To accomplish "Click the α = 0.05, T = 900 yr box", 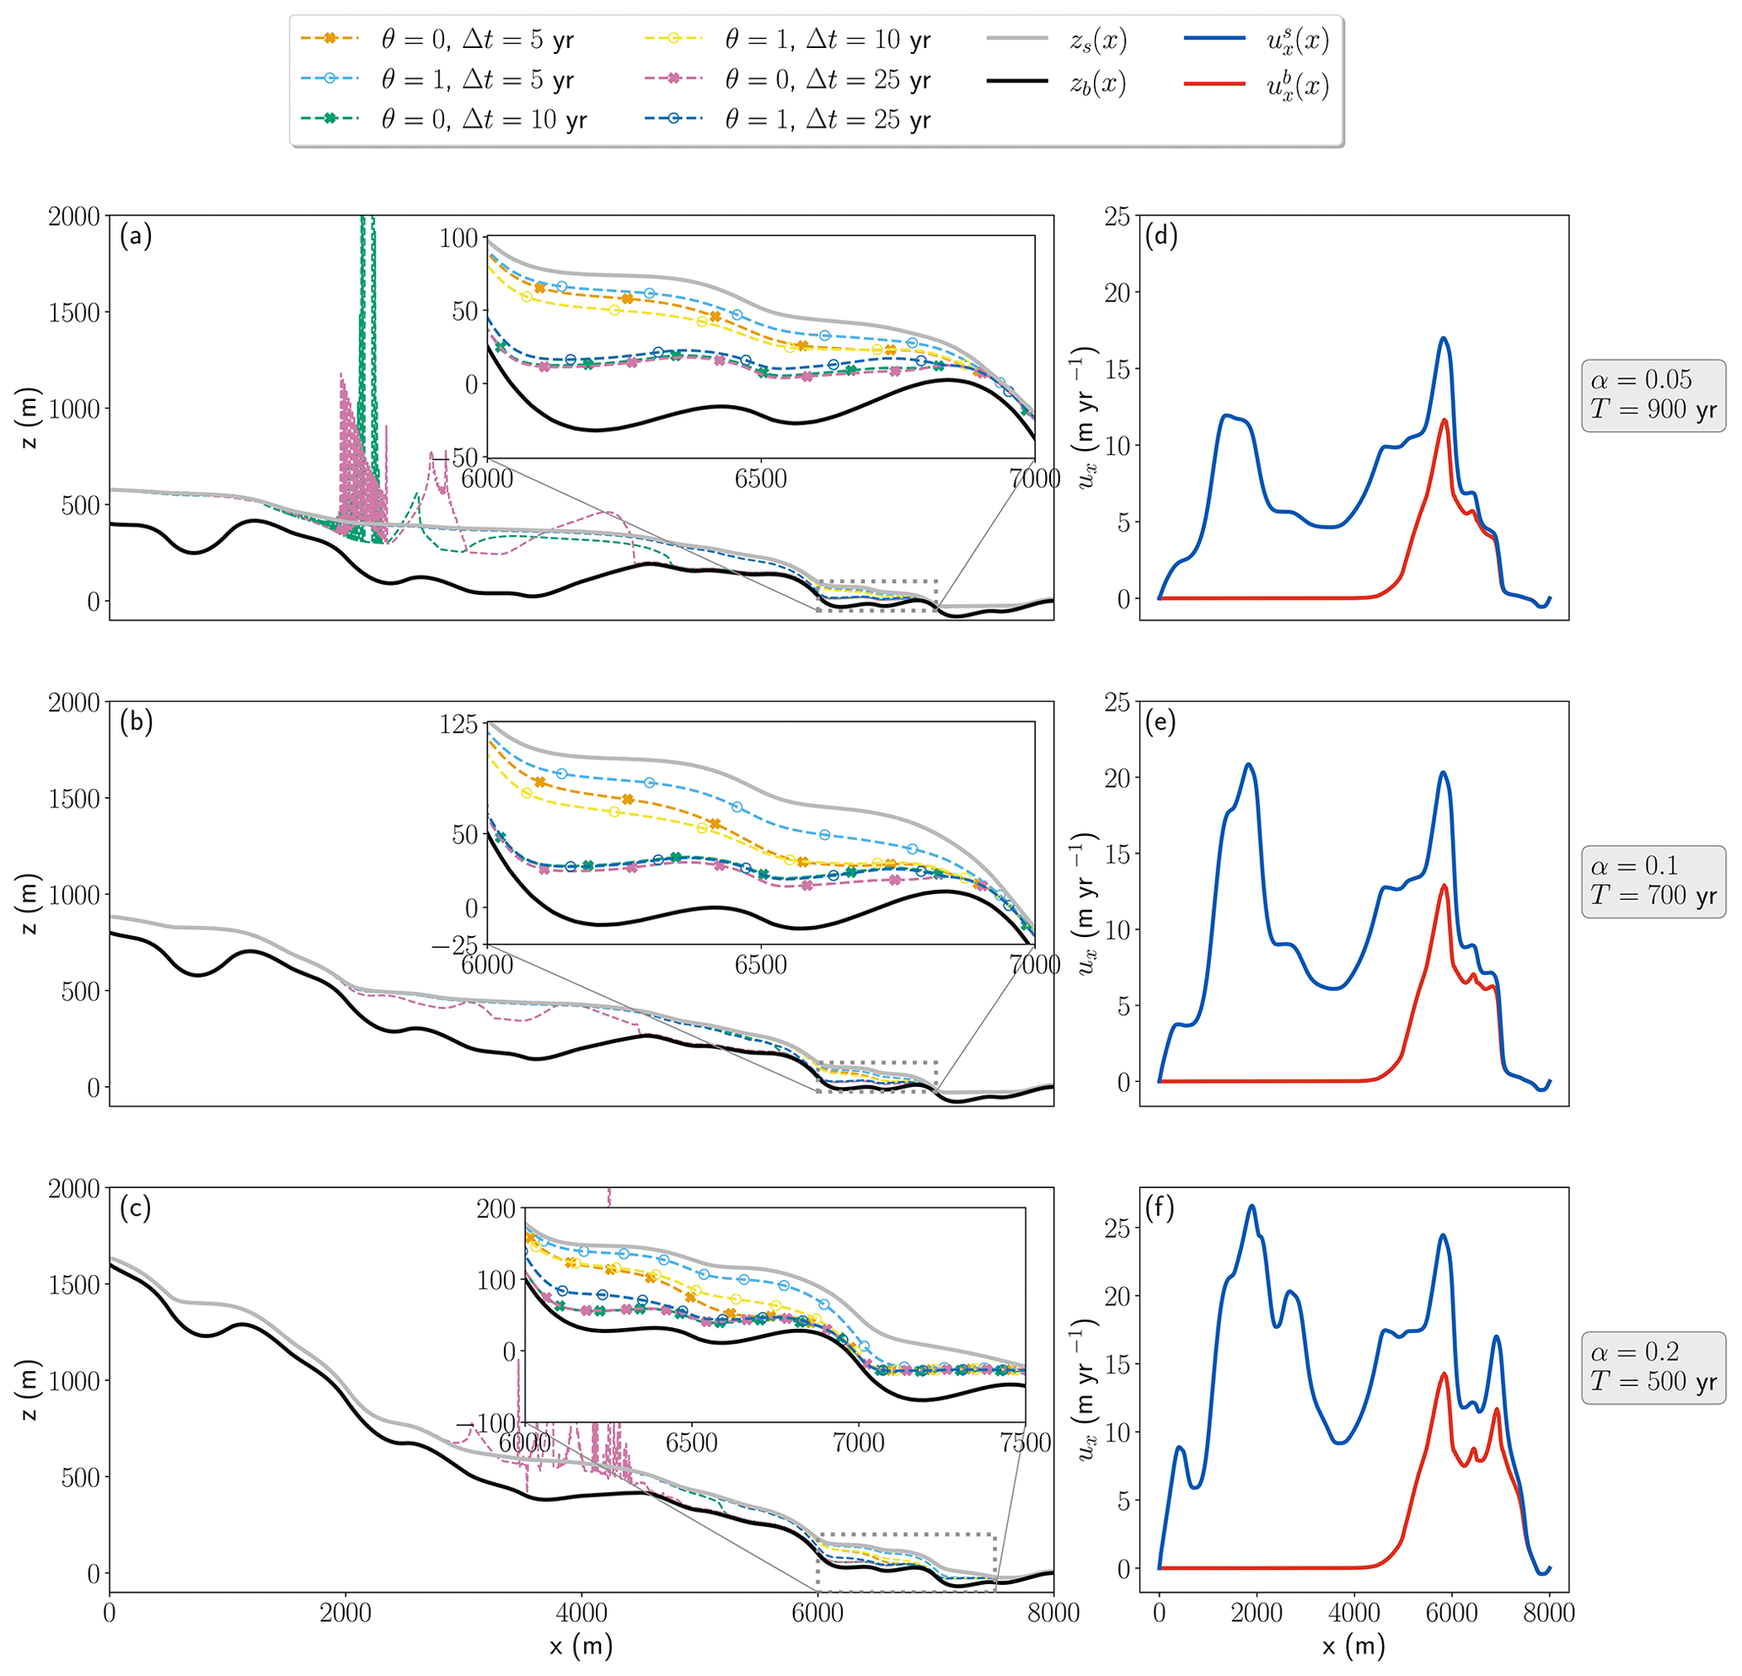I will pyautogui.click(x=1654, y=394).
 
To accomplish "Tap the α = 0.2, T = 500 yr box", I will pyautogui.click(x=1654, y=1367).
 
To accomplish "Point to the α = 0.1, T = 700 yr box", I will pyautogui.click(x=1654, y=881).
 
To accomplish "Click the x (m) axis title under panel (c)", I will pyautogui.click(x=582, y=1646).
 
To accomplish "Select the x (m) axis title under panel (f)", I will pyautogui.click(x=1353, y=1646).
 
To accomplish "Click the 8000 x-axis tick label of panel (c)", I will pyautogui.click(x=1053, y=1612).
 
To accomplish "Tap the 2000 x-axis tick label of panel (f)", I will pyautogui.click(x=1256, y=1612).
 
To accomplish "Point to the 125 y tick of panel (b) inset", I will pyautogui.click(x=458, y=723).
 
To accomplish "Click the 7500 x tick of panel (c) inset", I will pyautogui.click(x=1026, y=1443).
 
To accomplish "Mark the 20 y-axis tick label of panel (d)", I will pyautogui.click(x=1118, y=292).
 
